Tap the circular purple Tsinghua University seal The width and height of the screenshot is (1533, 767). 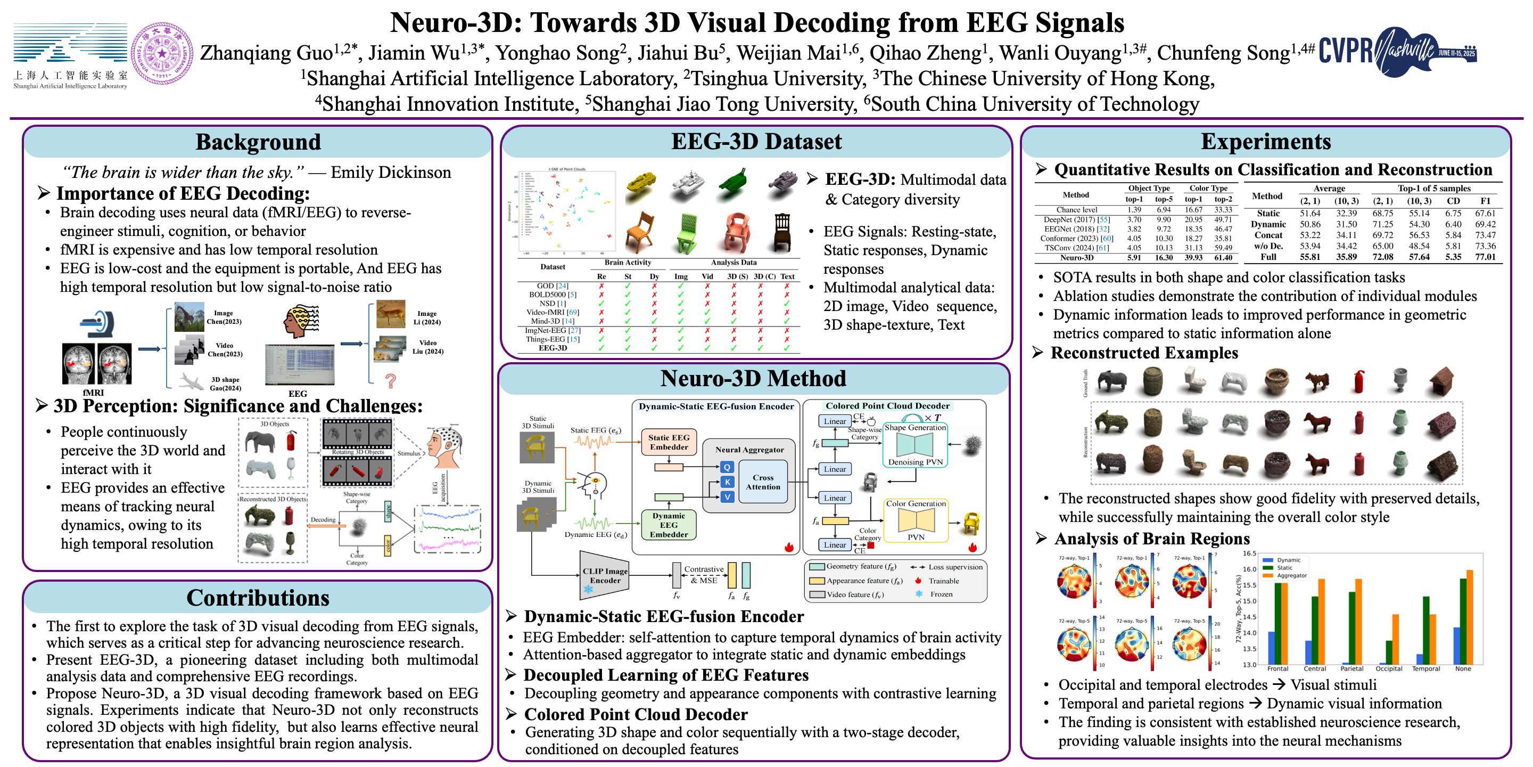point(161,54)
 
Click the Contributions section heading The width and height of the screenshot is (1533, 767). point(258,597)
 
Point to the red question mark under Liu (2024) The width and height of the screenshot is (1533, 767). point(390,380)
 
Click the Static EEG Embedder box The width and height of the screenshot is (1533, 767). point(669,442)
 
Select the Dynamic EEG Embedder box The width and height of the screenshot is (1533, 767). point(669,525)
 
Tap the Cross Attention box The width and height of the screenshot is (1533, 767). point(762,482)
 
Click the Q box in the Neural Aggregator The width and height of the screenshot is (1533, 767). point(727,467)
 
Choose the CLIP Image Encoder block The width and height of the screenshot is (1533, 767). point(605,575)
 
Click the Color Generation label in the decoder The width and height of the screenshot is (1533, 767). point(916,503)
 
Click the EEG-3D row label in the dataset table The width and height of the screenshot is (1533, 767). point(553,348)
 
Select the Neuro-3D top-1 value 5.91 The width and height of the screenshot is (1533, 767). point(1134,258)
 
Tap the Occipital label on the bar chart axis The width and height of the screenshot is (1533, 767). point(1388,669)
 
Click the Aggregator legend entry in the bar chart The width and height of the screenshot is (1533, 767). point(1291,575)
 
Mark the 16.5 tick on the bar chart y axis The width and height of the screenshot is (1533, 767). point(1249,553)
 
